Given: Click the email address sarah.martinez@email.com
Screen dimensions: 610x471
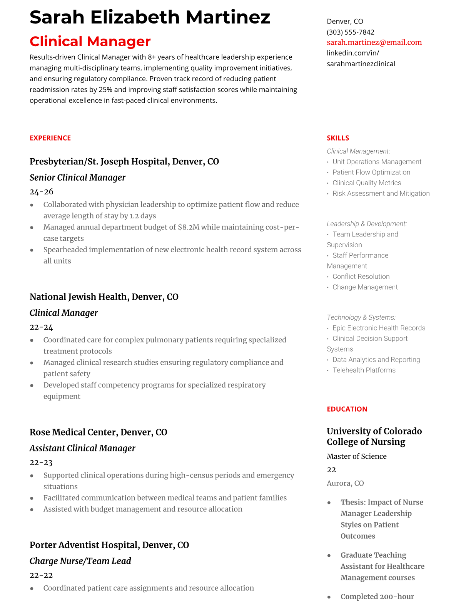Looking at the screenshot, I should [374, 42].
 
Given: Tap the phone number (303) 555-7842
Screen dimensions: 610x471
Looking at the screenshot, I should [350, 32].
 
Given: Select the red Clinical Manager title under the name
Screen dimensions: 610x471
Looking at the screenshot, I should [90, 42].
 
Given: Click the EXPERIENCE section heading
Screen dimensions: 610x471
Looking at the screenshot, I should [50, 138].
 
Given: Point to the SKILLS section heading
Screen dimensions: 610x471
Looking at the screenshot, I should [338, 138].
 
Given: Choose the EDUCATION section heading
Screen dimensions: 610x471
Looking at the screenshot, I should [347, 409].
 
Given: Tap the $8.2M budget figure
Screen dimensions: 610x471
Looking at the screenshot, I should [189, 227].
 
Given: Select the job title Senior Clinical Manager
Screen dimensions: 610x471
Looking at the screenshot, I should [77, 178].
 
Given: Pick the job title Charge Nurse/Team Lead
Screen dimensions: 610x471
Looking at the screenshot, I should [80, 561].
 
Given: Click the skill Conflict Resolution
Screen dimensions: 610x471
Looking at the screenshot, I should [361, 277].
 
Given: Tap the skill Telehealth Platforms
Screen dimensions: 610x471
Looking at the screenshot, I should [364, 370].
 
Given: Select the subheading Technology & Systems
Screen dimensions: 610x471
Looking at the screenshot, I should [361, 317].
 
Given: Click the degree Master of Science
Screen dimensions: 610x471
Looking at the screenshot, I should [356, 456].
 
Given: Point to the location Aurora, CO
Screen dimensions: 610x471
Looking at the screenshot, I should [345, 483].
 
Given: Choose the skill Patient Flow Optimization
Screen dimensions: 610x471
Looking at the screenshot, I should [371, 172].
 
